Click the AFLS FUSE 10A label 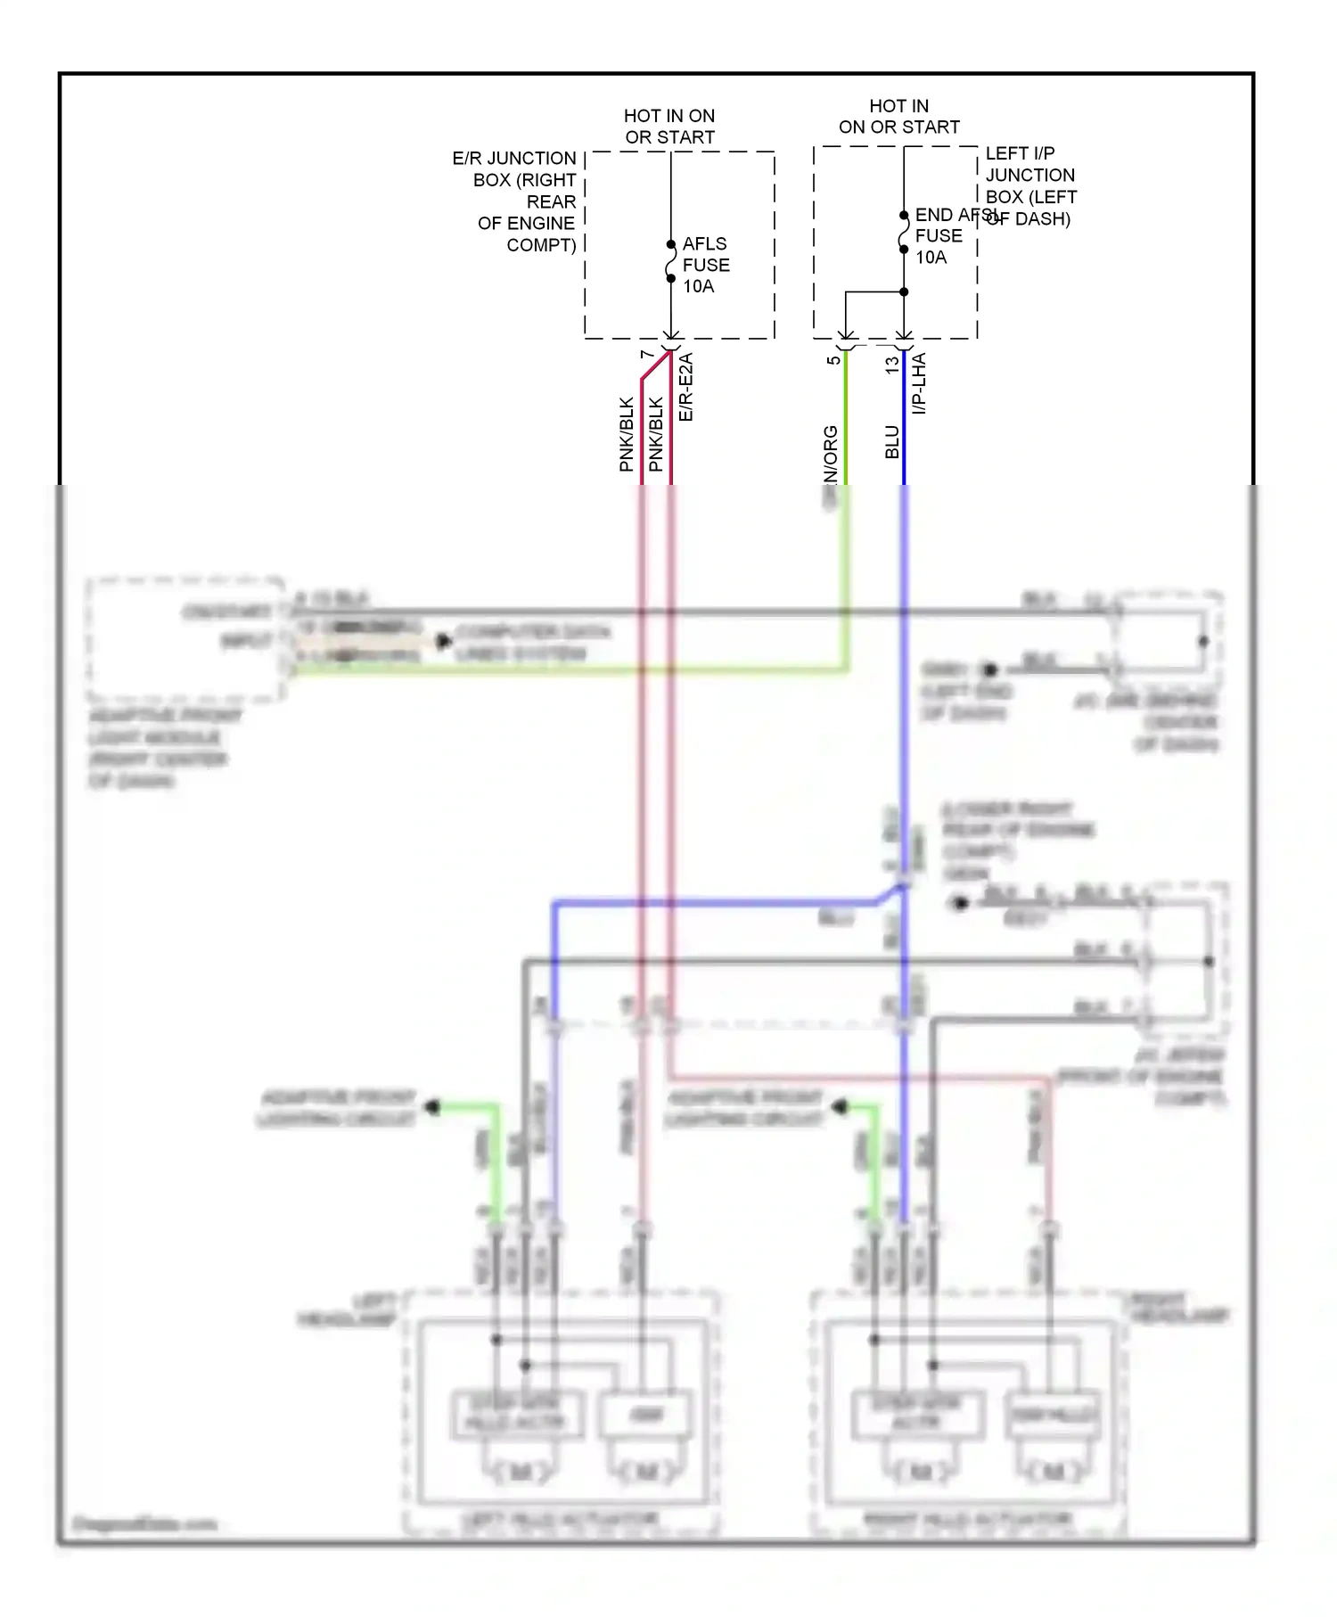click(705, 265)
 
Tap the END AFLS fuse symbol click(904, 233)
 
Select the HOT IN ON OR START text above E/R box click(669, 127)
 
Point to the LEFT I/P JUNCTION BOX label click(1030, 185)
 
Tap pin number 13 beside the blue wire click(891, 365)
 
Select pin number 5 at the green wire click(833, 360)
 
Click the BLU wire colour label click(892, 442)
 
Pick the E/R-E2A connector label click(685, 388)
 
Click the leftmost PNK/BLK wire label click(627, 434)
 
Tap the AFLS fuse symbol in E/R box click(671, 261)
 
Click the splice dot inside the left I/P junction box click(904, 291)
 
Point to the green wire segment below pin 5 click(846, 419)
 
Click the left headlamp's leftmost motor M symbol click(520, 1472)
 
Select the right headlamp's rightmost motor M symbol click(1053, 1472)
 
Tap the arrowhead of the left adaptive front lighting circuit click(433, 1107)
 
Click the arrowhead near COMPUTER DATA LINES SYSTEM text click(443, 641)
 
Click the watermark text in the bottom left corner click(144, 1523)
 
